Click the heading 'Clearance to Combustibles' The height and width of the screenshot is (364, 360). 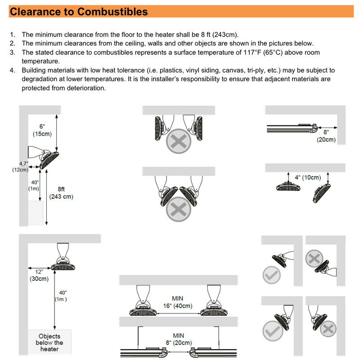(x=78, y=12)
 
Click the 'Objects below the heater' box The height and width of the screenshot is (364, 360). (x=49, y=342)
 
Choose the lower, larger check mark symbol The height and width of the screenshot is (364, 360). (x=272, y=331)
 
